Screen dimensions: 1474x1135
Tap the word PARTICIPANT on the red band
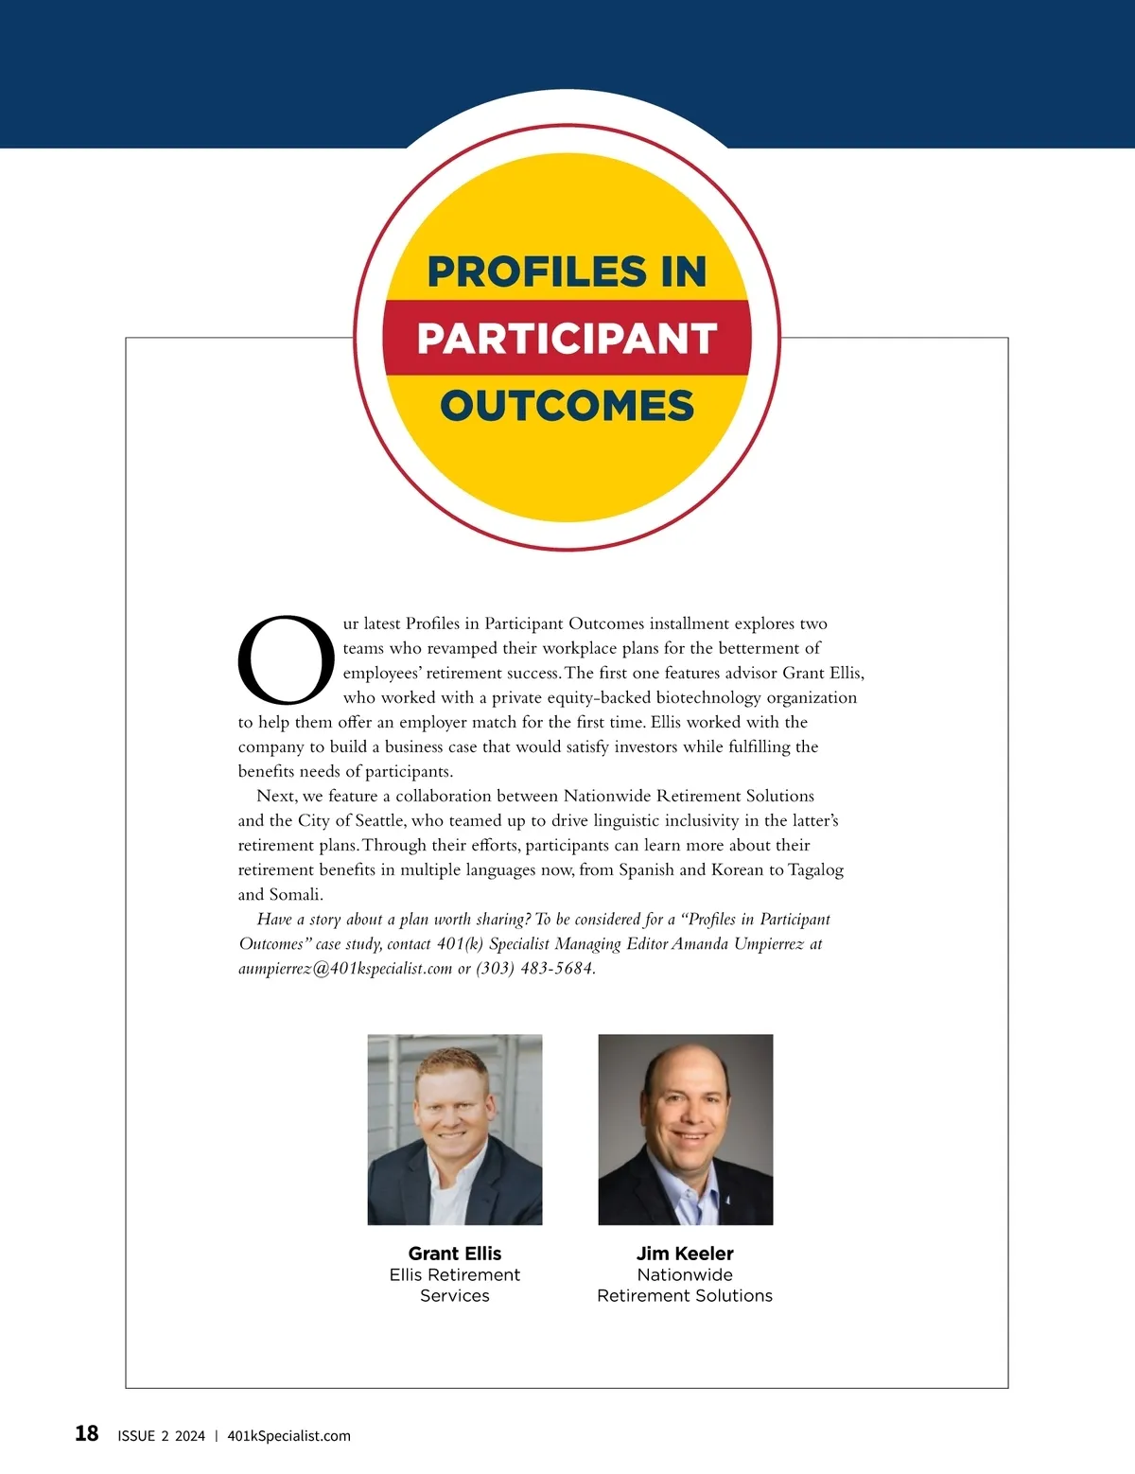[x=567, y=339]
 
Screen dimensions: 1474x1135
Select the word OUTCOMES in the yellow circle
[x=567, y=406]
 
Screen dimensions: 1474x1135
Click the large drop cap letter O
[x=286, y=660]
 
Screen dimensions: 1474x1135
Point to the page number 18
[x=86, y=1433]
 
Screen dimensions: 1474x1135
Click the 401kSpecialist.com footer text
[x=288, y=1436]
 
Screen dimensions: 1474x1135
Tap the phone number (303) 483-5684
[x=534, y=969]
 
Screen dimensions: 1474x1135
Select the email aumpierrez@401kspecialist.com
[x=345, y=969]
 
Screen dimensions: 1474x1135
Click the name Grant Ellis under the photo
[x=455, y=1254]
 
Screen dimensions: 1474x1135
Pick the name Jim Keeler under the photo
[x=685, y=1254]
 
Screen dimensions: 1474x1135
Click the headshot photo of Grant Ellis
[x=455, y=1130]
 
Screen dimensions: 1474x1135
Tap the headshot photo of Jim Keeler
[x=686, y=1130]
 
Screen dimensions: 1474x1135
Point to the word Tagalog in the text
[x=815, y=869]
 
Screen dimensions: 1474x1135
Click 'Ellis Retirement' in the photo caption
[x=455, y=1275]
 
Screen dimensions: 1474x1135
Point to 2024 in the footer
[x=189, y=1436]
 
